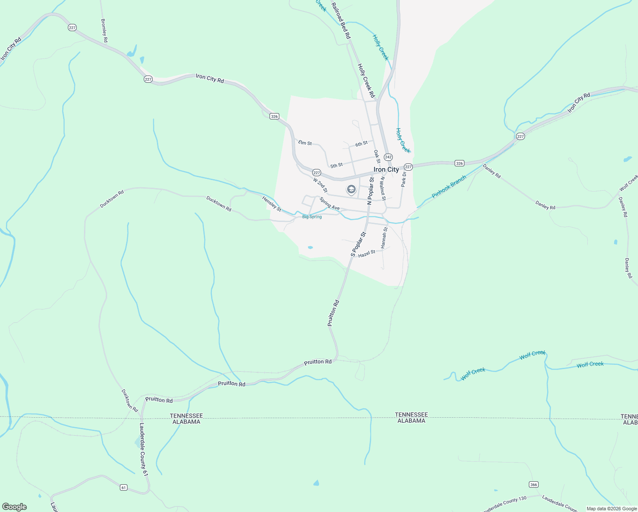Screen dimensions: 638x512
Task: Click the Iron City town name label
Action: (x=386, y=169)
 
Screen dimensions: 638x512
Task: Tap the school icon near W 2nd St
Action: (x=351, y=189)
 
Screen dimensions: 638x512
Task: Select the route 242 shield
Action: (x=388, y=157)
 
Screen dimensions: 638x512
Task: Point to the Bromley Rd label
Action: (x=104, y=30)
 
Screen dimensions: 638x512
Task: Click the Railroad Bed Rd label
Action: (x=341, y=21)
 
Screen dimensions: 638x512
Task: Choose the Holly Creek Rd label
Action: (x=366, y=81)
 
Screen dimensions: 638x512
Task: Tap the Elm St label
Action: (x=305, y=143)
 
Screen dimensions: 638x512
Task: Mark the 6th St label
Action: (x=361, y=144)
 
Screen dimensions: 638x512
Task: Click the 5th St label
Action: (x=336, y=165)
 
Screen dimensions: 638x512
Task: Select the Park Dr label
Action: (x=403, y=179)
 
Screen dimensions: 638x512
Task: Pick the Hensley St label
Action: (x=272, y=204)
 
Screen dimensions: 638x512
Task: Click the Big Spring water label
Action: (x=312, y=217)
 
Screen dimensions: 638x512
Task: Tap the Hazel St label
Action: (x=367, y=253)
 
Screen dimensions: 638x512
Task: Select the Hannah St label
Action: (x=384, y=238)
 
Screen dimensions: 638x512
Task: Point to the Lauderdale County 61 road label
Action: (x=143, y=449)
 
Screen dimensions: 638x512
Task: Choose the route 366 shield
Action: (x=534, y=484)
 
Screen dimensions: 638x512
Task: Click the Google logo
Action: (x=14, y=507)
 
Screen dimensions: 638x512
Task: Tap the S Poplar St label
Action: (x=358, y=244)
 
